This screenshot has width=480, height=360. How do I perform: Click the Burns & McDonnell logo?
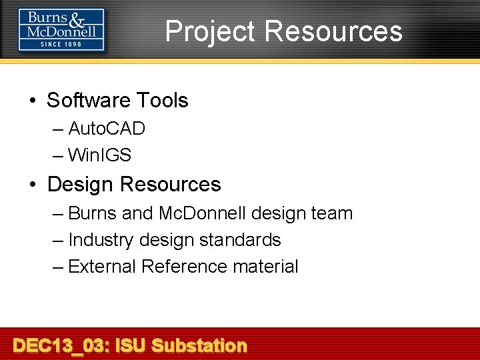click(x=61, y=29)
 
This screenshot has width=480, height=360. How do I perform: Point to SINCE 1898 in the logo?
click(x=61, y=45)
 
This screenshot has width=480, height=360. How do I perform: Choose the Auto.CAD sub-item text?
click(x=107, y=128)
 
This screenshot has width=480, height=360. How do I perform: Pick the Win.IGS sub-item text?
click(x=99, y=155)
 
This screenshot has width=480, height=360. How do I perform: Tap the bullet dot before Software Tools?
click(x=33, y=101)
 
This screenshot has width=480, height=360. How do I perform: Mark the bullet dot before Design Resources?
click(x=33, y=184)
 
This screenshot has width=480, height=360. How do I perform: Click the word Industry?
click(x=101, y=240)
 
